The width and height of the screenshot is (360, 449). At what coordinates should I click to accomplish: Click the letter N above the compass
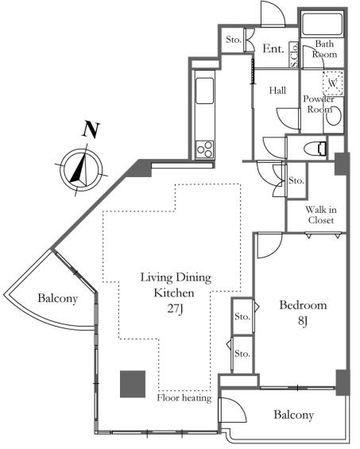[x=91, y=130]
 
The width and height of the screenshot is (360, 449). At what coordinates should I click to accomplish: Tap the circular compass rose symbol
[x=81, y=169]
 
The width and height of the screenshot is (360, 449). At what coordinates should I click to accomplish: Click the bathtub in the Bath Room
[x=323, y=24]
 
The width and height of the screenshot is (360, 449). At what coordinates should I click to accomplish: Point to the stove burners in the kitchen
[x=204, y=149]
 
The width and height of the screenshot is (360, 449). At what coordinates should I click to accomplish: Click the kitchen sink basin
[x=204, y=91]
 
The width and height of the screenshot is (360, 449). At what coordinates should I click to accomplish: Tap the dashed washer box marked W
[x=333, y=83]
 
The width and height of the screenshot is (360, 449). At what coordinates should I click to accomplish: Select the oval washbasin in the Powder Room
[x=334, y=115]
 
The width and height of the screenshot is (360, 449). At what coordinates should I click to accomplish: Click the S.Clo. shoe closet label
[x=294, y=56]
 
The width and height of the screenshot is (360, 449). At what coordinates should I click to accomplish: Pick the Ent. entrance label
[x=273, y=48]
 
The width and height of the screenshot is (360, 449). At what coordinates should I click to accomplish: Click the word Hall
[x=277, y=91]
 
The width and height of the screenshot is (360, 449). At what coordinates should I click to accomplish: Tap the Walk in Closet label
[x=321, y=215]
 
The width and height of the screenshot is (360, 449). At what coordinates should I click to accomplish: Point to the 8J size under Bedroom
[x=303, y=321]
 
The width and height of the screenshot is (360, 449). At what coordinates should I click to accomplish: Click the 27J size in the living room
[x=175, y=309]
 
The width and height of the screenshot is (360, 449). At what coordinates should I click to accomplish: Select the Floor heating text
[x=184, y=398]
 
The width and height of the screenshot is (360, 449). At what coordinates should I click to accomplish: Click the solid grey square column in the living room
[x=133, y=384]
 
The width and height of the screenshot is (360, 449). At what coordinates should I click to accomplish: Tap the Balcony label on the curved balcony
[x=58, y=298]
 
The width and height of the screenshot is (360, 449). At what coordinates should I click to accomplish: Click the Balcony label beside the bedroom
[x=293, y=415]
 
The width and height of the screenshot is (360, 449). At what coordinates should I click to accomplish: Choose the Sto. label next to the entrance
[x=234, y=40]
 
